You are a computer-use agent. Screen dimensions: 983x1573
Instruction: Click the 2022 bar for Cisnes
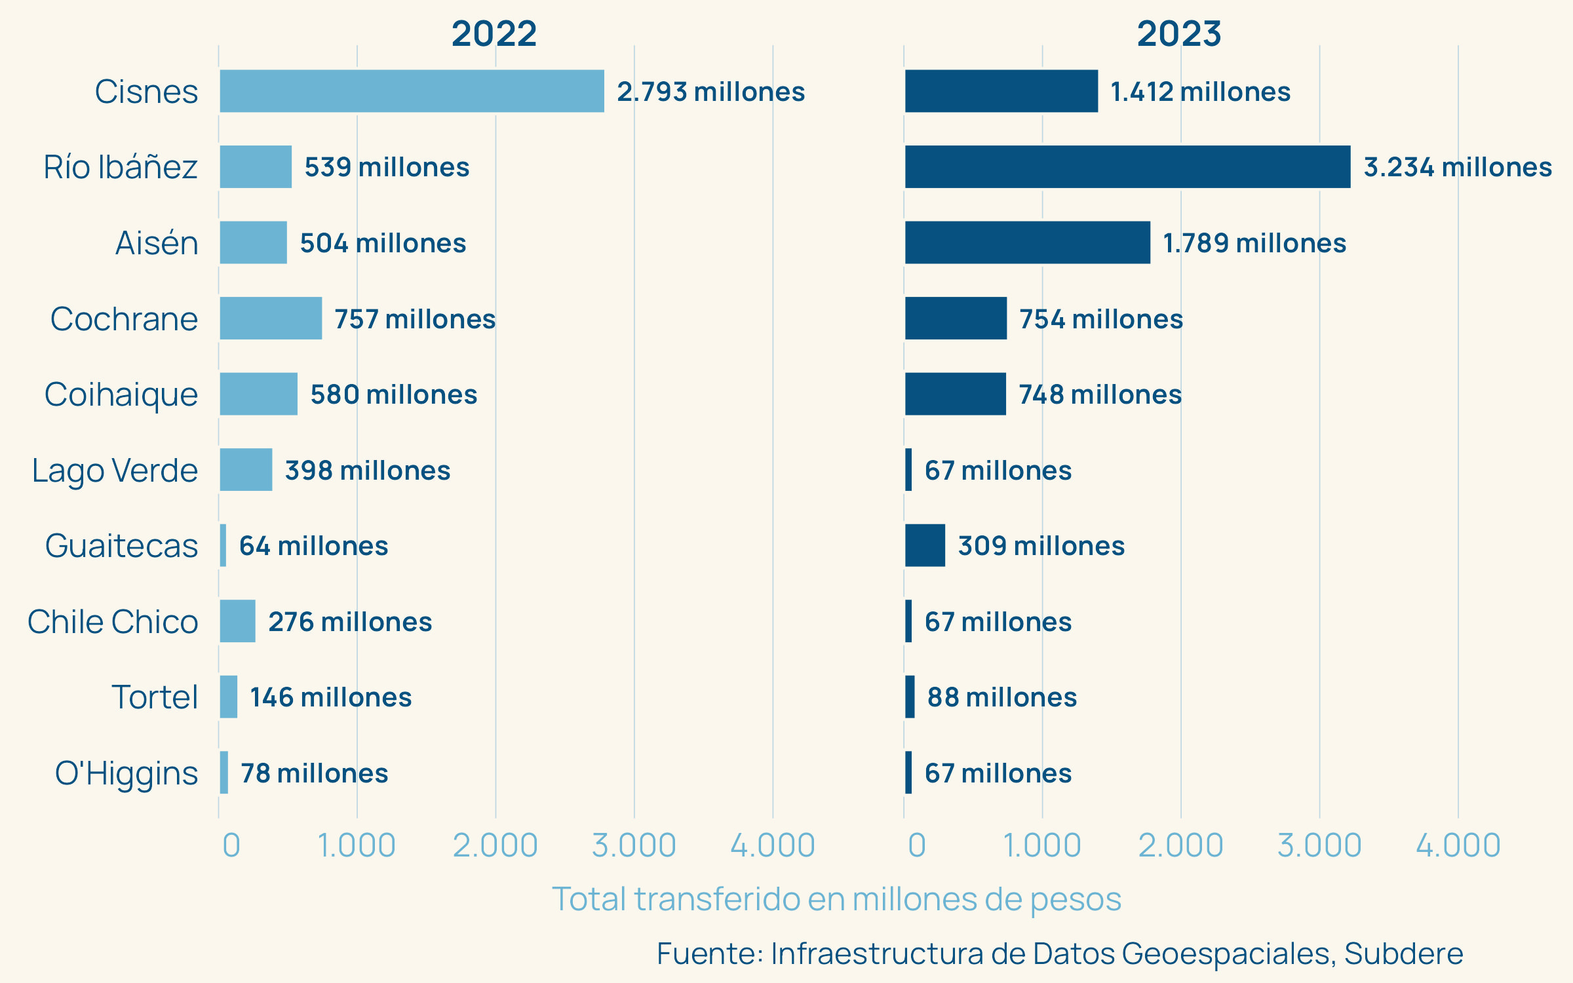tap(412, 91)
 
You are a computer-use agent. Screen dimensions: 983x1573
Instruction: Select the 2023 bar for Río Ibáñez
tap(1127, 167)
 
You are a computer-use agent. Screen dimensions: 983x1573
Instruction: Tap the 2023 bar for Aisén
tap(1027, 242)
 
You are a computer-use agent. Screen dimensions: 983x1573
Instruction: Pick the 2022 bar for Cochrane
tap(271, 318)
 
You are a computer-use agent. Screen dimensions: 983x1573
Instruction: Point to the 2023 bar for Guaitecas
tap(925, 545)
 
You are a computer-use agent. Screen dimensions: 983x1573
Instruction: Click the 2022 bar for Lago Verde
tap(246, 470)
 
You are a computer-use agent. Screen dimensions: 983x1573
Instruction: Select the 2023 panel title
tap(1179, 33)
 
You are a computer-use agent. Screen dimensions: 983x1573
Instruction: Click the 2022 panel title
tap(494, 33)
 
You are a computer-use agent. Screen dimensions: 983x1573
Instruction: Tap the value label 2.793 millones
tap(710, 92)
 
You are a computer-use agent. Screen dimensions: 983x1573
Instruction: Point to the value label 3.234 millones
tap(1458, 167)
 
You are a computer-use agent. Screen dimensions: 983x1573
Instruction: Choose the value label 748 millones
tap(1100, 395)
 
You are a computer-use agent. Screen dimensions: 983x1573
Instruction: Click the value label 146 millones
tap(331, 697)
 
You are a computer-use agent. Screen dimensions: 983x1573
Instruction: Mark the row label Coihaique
tap(121, 395)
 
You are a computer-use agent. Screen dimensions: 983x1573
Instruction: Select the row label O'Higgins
tap(126, 773)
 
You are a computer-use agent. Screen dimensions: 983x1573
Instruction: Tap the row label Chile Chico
tap(113, 622)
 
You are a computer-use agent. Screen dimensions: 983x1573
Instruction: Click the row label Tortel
tap(155, 697)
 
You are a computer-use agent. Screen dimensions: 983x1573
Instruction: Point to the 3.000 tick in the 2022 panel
tap(634, 845)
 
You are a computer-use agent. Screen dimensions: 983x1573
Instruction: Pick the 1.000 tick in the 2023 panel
tap(1042, 845)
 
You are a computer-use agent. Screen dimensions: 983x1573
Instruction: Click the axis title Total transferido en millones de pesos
tap(836, 899)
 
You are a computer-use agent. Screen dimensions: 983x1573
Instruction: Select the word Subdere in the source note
tap(1403, 954)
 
